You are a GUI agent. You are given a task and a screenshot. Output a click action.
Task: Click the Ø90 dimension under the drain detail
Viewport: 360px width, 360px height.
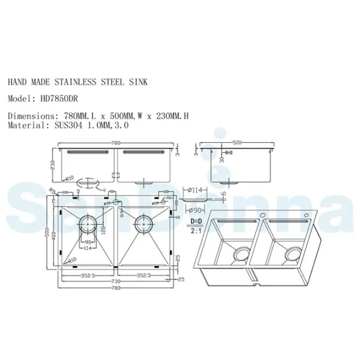(x=195, y=211)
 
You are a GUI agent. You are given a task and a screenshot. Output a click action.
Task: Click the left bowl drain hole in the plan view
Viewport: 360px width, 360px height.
(x=89, y=225)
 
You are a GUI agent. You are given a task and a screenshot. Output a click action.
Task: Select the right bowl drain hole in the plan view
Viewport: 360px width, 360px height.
(x=144, y=225)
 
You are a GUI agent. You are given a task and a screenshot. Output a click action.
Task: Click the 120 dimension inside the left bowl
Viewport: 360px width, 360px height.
(x=103, y=230)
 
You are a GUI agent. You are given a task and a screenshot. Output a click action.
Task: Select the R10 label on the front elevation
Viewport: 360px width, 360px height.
(x=70, y=178)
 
